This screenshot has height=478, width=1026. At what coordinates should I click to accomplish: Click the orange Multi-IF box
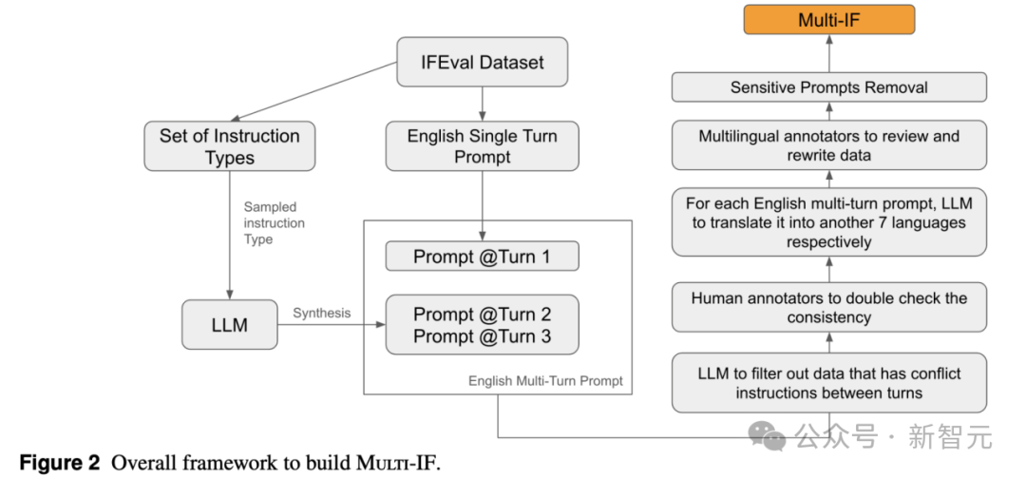(829, 19)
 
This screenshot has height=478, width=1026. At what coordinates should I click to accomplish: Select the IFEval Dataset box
(483, 63)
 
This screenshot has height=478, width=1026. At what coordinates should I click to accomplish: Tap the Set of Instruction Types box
(229, 146)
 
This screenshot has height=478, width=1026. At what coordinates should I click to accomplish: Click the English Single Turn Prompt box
(483, 146)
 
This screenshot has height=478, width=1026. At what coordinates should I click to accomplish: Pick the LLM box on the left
(229, 325)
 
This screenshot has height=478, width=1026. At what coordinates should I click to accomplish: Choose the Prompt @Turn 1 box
(483, 257)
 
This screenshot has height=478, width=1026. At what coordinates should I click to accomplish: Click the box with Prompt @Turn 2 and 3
(483, 325)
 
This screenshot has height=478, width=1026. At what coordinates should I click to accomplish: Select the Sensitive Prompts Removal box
(829, 87)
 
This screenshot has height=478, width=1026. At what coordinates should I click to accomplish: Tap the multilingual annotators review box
(829, 146)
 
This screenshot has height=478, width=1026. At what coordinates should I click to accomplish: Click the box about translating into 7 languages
(829, 222)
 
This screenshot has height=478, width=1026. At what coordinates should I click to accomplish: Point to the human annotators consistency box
(829, 307)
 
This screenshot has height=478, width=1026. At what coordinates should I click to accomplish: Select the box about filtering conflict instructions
(829, 383)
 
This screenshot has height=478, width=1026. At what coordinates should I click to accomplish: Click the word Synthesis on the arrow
(321, 313)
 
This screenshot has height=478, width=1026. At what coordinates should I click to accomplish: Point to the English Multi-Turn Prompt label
(545, 381)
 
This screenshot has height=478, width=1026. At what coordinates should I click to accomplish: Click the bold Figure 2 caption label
(60, 463)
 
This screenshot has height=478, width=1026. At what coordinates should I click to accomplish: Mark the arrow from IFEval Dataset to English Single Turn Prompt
(483, 103)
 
